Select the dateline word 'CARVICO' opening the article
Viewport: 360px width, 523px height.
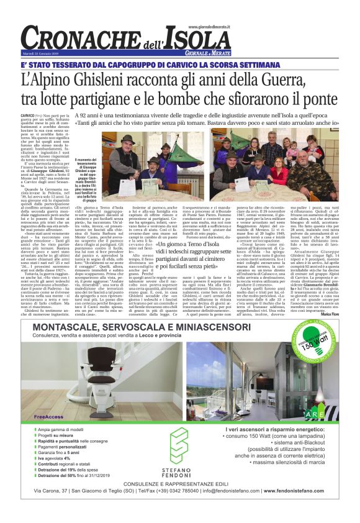(x=28, y=116)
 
